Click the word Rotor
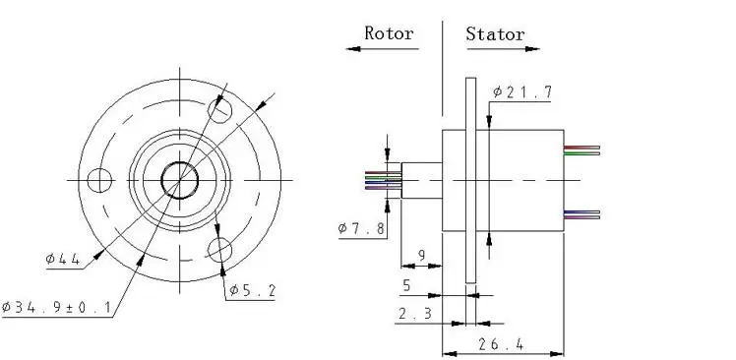pos(389,33)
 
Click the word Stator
pos(495,33)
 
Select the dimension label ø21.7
pos(521,92)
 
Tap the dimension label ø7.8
pos(361,228)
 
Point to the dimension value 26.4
pos(501,344)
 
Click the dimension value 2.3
pos(415,314)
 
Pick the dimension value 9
pos(421,256)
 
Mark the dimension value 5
pos(406,285)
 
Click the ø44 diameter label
pos(63,259)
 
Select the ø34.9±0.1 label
pos(56,308)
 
